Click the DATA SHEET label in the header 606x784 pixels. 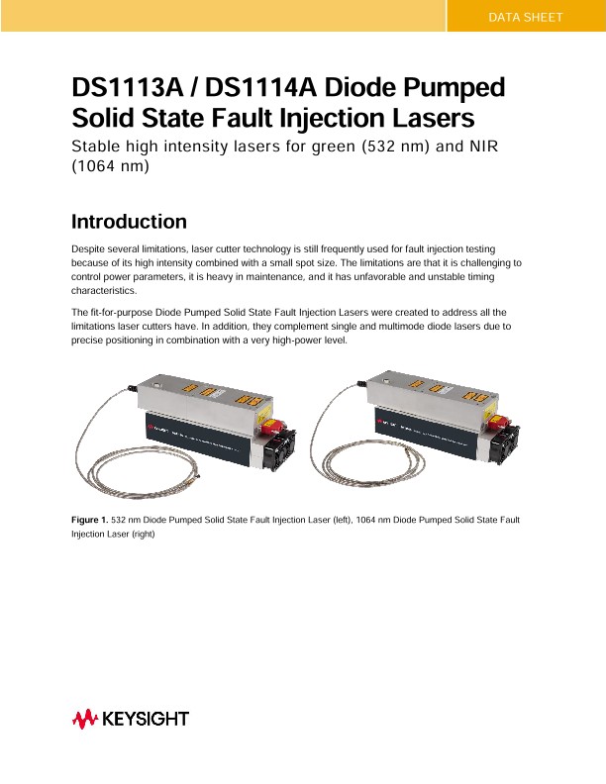click(526, 18)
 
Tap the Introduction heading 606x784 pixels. click(130, 221)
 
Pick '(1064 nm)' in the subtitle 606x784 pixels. click(109, 167)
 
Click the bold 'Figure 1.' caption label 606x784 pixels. click(89, 519)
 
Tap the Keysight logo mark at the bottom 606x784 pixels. click(83, 719)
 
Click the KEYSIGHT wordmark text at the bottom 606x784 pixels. click(147, 719)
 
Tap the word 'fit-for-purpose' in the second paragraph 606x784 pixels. click(126, 313)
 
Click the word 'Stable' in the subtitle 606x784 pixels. click(98, 147)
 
